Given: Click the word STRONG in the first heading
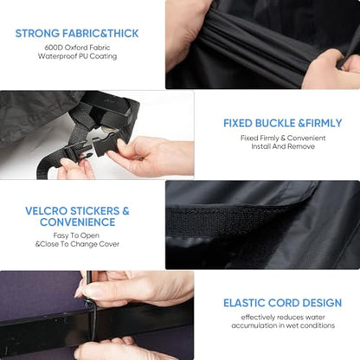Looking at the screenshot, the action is click(x=37, y=34).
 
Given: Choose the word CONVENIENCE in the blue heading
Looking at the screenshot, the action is click(x=78, y=222).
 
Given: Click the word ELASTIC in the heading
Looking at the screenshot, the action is click(x=244, y=303).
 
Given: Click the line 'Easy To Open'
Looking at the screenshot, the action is click(x=76, y=235).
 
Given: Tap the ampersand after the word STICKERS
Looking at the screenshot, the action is click(x=125, y=211).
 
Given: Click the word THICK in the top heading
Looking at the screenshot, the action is click(x=124, y=34).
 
